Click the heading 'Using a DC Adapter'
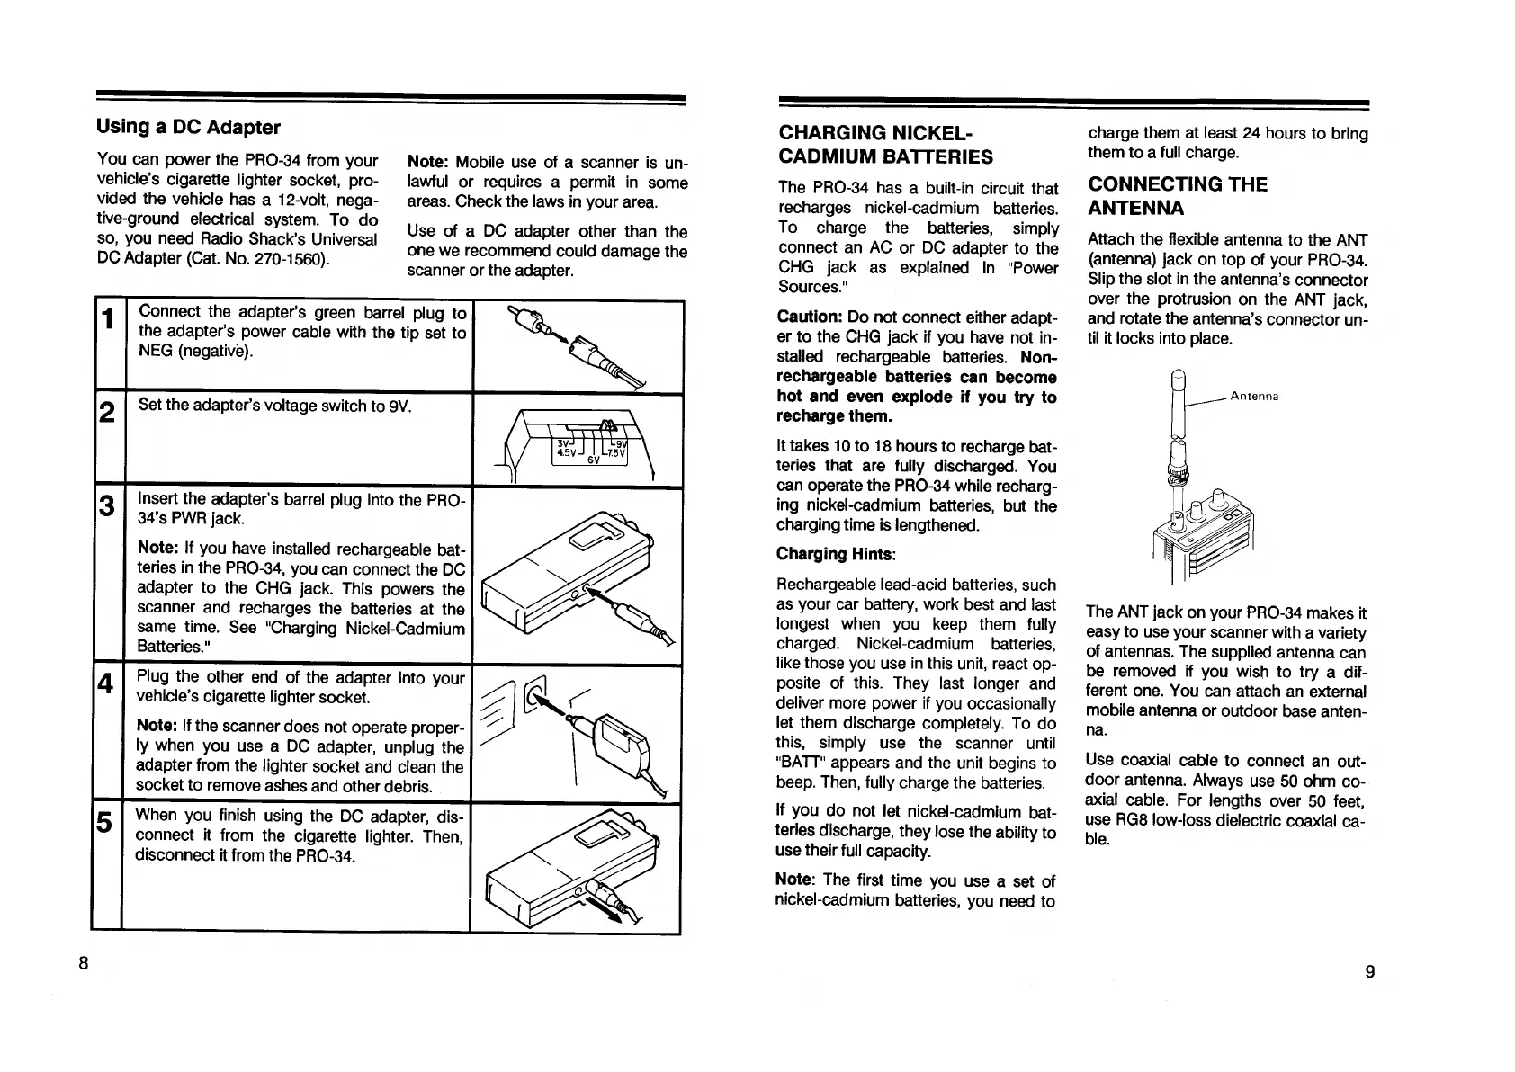pos(188,127)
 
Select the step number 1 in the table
pos(107,319)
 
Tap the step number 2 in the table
pos(107,413)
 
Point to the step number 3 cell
pos(107,506)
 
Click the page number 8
pos(83,962)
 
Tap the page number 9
pos(1369,970)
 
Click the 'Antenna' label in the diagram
pos(1254,396)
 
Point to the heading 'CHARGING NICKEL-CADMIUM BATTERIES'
pos(885,145)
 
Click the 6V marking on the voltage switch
pos(594,460)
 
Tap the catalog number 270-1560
pos(294,259)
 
